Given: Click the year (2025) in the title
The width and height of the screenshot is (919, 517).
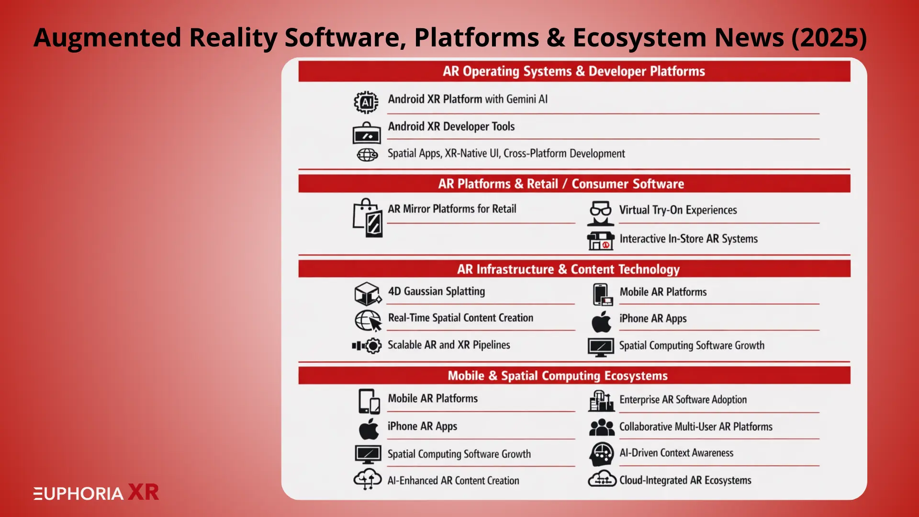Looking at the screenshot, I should pos(829,38).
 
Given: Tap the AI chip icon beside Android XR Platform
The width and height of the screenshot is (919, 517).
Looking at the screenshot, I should pos(366,102).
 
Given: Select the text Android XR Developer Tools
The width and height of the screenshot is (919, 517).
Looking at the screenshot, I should pos(451,126).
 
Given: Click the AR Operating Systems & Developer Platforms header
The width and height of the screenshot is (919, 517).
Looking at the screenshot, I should pos(573,71).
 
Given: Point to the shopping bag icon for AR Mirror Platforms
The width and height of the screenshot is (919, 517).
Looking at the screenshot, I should pos(368,218).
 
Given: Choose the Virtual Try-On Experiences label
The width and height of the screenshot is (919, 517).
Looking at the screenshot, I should pos(678,210).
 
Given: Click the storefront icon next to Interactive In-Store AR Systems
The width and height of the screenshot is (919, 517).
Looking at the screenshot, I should pos(600,240).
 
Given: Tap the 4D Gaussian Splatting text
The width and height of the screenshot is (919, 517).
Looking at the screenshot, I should pos(436,292).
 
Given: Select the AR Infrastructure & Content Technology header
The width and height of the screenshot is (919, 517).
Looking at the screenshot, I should pos(568,269).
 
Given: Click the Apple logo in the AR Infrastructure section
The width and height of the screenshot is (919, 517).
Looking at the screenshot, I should pos(601,322).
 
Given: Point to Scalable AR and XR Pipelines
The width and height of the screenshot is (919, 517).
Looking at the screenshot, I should pos(448,345).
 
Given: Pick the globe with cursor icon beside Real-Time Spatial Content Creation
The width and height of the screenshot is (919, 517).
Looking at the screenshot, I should pos(368,320).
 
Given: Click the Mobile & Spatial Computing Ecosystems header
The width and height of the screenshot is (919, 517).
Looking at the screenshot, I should pos(557,376).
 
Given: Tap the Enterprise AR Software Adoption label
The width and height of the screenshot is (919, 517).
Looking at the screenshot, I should pos(683,400).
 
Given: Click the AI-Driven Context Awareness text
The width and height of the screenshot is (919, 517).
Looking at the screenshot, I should pos(676,453).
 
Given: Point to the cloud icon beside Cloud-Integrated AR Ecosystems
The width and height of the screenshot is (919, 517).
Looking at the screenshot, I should pos(601,479).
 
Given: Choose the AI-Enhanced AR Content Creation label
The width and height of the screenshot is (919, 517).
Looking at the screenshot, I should pos(453,481).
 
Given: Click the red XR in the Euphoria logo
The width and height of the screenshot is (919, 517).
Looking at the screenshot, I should pos(143,493).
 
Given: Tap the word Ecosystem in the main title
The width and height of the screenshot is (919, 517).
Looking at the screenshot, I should pos(639,38).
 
